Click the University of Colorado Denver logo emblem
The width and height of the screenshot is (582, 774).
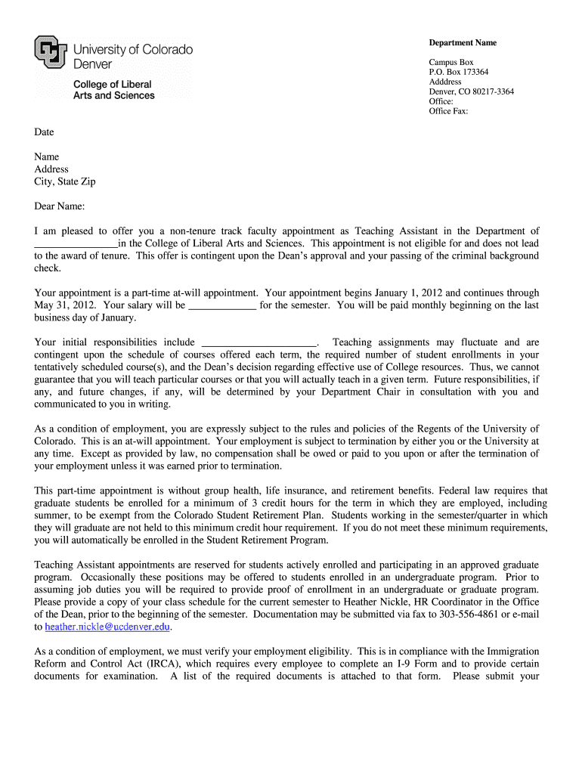(51, 53)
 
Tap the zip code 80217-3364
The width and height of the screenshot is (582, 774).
(492, 92)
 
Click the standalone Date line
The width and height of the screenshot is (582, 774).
(44, 132)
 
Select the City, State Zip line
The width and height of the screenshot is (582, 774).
(65, 181)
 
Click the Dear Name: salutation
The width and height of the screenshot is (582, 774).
(60, 206)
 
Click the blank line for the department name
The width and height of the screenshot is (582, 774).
(76, 244)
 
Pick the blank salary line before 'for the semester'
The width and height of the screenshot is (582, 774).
(221, 306)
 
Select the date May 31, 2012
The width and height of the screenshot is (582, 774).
(60, 305)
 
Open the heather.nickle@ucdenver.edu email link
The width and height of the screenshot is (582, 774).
(108, 627)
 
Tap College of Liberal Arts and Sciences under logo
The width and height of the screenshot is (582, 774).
(113, 90)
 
